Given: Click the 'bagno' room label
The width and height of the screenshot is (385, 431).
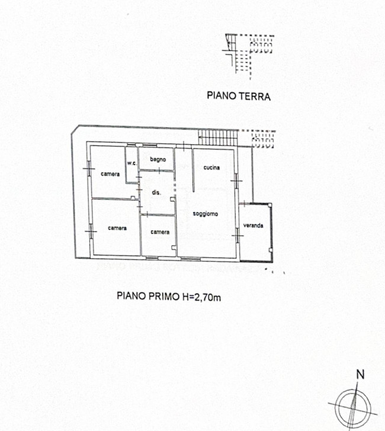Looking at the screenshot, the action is click(x=158, y=159).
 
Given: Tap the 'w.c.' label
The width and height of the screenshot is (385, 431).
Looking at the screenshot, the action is click(x=131, y=163).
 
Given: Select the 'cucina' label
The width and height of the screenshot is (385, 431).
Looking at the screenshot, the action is click(x=211, y=168).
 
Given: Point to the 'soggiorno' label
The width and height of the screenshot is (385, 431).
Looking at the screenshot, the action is click(x=205, y=214).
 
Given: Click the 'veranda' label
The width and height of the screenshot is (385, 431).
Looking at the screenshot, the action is click(x=253, y=226).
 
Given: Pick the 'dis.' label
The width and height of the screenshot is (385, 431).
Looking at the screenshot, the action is click(x=156, y=192).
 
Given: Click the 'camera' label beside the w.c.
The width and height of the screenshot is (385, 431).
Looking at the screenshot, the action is click(x=110, y=174).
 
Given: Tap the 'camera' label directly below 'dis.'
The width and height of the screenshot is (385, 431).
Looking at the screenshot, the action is click(x=160, y=232).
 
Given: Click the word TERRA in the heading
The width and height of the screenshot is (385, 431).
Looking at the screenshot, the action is click(x=254, y=97).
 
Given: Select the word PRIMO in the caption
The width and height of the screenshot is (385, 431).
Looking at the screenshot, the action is click(x=164, y=296).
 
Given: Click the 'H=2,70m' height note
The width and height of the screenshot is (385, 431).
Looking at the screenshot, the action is click(x=201, y=297).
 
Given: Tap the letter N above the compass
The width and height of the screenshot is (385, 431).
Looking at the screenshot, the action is click(x=360, y=375).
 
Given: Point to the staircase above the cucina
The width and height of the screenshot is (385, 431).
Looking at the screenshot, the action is click(x=218, y=138).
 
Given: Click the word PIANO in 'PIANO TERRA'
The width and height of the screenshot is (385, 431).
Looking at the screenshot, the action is click(x=222, y=96).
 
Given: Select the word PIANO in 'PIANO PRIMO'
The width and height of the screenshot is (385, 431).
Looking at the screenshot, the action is click(x=131, y=296).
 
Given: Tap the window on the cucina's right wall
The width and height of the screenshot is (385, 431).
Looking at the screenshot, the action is click(x=236, y=181).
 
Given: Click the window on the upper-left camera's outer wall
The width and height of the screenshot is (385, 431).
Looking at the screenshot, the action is click(x=89, y=168).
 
